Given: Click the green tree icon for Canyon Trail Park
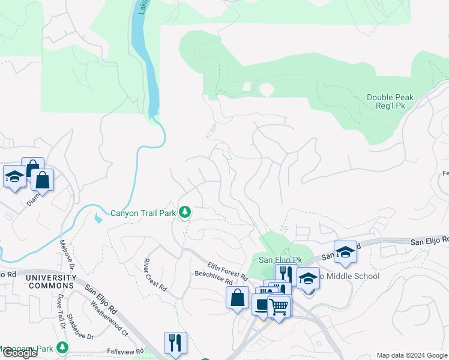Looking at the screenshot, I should [186, 212].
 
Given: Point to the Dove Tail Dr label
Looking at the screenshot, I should [61, 311].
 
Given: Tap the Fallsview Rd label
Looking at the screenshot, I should [123, 351].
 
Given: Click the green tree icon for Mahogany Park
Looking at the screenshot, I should [62, 347].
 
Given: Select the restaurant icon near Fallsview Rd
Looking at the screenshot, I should [175, 343].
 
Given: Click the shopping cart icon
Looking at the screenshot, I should [279, 306].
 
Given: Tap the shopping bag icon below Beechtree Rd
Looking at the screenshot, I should [238, 297].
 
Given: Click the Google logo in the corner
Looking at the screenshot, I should [20, 353].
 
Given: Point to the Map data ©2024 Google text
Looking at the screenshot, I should [411, 355].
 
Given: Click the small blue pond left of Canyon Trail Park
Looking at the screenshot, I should [98, 218].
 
